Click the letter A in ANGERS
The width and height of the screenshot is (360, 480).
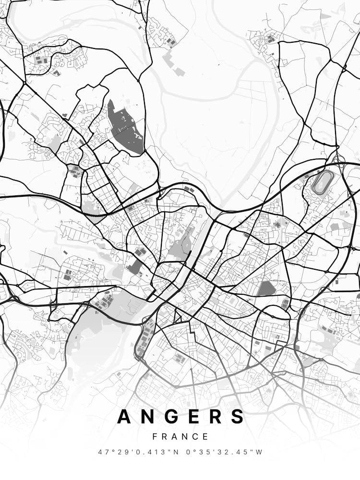coord(125,417)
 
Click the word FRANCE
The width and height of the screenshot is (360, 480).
coord(180,437)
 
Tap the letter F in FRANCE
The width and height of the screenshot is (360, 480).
coord(155,437)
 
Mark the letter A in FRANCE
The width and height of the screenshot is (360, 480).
coord(175,437)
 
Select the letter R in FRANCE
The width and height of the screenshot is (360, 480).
coord(165,437)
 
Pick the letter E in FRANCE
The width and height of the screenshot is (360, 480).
coord(205,437)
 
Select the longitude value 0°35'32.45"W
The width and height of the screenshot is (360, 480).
coord(225,452)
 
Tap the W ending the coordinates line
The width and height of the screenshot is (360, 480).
coord(259,452)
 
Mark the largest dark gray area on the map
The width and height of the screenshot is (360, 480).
coord(125,127)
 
